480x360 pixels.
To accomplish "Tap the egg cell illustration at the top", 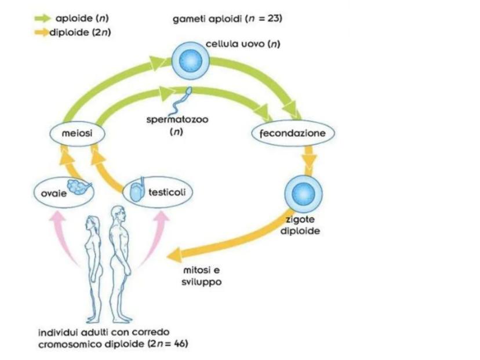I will pos(192,59).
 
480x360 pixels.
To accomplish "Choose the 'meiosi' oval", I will pos(70,134).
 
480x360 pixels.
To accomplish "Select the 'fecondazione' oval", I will pos(293,134).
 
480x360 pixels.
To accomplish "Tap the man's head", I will pos(118,213).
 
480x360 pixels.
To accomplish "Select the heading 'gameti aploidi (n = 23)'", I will pos(227,19).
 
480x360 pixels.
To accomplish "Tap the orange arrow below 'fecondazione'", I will pos(310,159).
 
